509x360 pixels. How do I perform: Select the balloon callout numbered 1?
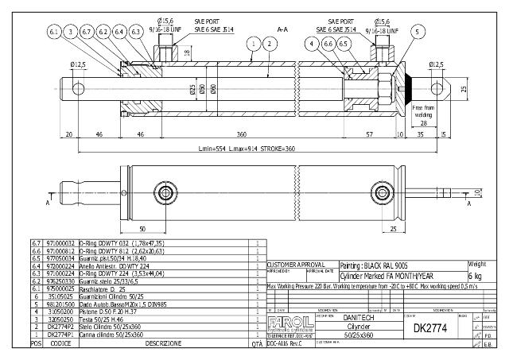[x=253, y=43]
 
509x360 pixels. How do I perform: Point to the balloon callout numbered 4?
[x=313, y=43]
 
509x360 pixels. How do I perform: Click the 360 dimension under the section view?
[x=240, y=135]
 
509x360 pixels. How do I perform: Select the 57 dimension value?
[x=369, y=135]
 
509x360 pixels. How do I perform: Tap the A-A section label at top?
[x=282, y=29]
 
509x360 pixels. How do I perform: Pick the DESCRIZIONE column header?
[x=168, y=343]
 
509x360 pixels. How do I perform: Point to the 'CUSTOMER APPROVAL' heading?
[x=296, y=263]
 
